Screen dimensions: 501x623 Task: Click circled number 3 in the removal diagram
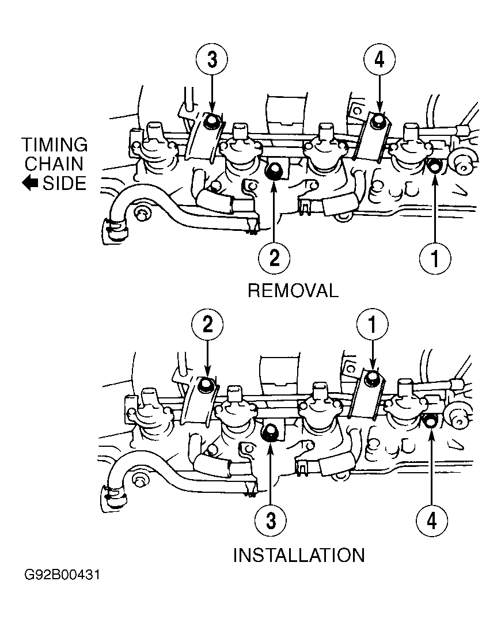(212, 60)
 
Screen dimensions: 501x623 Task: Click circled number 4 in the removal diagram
(379, 60)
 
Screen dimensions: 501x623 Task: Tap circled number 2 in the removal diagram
(274, 259)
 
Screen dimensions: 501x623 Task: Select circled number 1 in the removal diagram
(435, 259)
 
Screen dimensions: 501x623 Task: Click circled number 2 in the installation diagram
(207, 325)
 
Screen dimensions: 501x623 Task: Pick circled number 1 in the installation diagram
(372, 325)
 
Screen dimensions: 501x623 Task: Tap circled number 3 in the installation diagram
(271, 520)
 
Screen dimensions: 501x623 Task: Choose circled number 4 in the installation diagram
(432, 520)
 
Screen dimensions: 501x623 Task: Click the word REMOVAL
(293, 291)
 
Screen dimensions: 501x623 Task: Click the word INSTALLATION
(299, 555)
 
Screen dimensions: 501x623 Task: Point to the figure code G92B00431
(62, 575)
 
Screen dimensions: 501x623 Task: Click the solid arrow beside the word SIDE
(30, 183)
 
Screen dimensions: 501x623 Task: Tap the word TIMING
(55, 145)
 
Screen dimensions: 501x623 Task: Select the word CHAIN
(54, 164)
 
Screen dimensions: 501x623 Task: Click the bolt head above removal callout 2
(273, 171)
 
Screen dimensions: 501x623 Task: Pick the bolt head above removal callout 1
(434, 166)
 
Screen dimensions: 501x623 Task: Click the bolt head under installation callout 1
(372, 377)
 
